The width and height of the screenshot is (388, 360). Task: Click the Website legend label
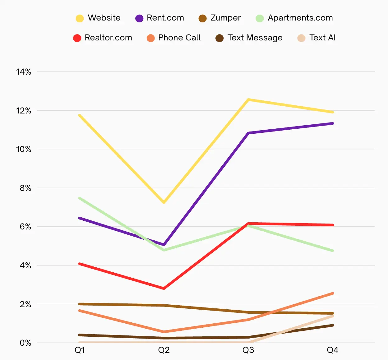[104, 18]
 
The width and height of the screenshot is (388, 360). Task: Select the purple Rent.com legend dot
[139, 18]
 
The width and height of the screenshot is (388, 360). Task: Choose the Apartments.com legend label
[300, 18]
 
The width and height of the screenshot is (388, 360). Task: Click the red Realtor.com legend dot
[77, 38]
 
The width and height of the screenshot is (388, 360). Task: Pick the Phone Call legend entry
[179, 38]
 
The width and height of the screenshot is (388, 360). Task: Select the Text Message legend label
[255, 38]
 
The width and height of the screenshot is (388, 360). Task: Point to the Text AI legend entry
[322, 38]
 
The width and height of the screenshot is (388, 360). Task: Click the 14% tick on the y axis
[24, 72]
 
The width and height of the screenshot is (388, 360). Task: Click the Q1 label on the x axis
[80, 350]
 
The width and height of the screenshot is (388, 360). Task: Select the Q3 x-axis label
[248, 350]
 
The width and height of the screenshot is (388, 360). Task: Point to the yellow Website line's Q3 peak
[248, 99]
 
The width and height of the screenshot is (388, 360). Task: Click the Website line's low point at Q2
[164, 203]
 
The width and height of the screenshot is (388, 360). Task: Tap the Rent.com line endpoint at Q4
[333, 123]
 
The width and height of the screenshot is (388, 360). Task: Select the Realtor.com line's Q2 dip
[164, 288]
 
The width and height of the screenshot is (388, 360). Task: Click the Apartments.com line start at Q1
[80, 198]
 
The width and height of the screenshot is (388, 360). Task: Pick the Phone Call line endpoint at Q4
[333, 293]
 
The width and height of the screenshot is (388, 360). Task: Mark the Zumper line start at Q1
[80, 304]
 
